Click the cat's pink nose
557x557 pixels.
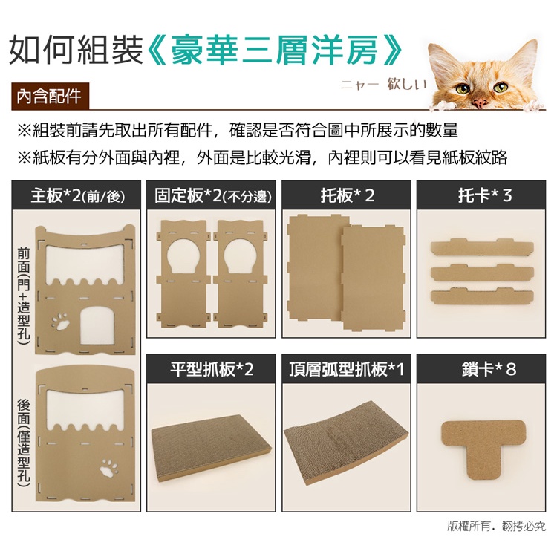tap(480, 103)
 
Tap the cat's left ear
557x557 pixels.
tap(438, 57)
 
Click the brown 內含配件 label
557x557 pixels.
tap(50, 96)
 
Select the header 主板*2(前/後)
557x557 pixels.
tap(76, 195)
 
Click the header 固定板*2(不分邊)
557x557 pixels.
tap(212, 195)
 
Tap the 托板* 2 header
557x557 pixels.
tap(346, 195)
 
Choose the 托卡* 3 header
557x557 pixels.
tap(481, 195)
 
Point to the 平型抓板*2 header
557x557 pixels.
tap(212, 369)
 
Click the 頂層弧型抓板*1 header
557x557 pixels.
tap(346, 369)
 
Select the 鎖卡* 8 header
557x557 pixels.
tap(481, 369)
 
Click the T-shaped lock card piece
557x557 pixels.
tap(483, 448)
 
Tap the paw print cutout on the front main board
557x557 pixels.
tap(61, 322)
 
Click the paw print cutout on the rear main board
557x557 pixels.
tap(109, 467)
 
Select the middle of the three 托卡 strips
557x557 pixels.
tap(482, 273)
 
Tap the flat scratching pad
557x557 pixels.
tap(212, 449)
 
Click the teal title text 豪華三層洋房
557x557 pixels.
tap(275, 50)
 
